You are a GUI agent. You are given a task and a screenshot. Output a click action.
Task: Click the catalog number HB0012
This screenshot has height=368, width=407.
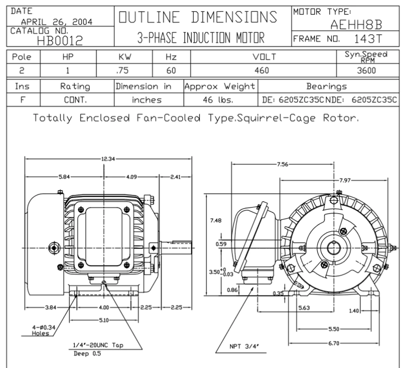60,40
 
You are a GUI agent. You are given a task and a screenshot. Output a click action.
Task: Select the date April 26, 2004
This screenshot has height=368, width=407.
57,22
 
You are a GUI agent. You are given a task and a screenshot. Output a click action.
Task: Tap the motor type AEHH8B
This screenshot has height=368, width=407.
356,24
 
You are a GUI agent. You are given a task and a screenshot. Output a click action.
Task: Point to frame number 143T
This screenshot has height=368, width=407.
368,39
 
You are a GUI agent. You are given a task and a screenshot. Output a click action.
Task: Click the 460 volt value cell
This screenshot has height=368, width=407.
261,70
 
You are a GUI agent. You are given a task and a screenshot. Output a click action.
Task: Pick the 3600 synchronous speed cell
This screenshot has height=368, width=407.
366,70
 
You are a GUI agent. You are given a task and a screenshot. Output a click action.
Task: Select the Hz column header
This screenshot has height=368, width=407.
171,57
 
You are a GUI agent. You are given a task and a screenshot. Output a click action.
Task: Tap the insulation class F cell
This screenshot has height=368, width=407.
23,100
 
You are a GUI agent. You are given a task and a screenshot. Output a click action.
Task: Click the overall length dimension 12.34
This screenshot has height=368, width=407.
108,159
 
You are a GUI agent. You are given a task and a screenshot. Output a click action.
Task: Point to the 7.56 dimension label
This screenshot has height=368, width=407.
282,164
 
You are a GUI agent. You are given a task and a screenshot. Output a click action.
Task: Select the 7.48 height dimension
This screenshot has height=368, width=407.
216,220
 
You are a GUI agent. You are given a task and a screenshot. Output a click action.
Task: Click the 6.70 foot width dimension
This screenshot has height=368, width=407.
334,344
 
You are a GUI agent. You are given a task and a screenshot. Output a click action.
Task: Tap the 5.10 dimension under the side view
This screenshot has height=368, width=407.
104,320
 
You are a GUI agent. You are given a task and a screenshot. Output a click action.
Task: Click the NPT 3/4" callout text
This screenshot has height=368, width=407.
244,346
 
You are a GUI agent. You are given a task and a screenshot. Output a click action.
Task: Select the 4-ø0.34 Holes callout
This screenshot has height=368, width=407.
43,330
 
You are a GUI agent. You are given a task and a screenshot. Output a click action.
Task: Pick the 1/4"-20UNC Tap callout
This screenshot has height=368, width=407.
98,345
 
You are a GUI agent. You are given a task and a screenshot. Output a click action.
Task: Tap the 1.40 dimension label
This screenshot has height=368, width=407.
354,311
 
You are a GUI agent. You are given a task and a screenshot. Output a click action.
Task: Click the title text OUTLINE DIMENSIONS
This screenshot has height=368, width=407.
198,17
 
